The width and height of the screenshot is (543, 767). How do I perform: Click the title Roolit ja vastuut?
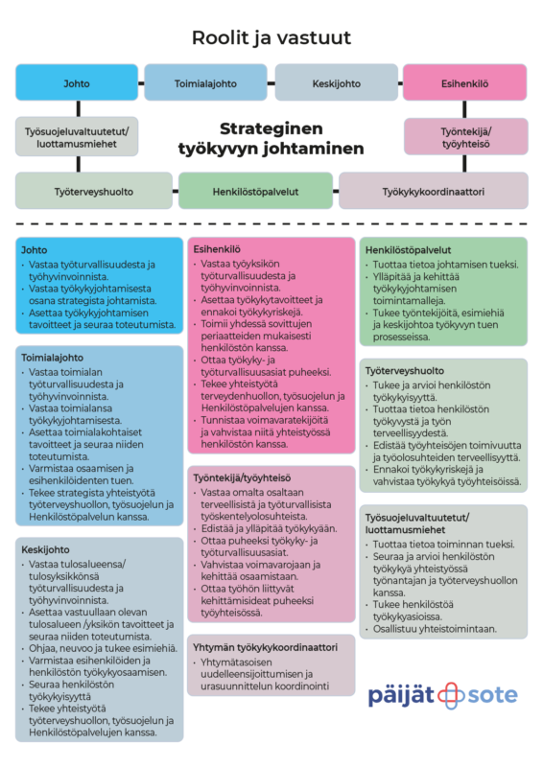271,37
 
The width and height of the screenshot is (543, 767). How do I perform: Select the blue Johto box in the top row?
77,82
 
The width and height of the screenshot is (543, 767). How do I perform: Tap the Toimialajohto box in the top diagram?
205,82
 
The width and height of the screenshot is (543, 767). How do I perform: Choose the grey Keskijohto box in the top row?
337,82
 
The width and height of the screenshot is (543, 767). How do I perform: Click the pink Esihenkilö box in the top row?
464,82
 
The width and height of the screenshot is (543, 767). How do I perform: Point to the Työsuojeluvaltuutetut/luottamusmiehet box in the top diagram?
77,137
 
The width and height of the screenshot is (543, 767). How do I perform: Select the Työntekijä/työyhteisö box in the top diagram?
466,137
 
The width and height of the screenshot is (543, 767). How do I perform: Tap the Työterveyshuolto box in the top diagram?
94,191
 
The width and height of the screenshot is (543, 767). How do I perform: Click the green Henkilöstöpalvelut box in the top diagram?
255,191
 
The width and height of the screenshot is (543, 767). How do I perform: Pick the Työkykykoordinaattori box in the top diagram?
434,191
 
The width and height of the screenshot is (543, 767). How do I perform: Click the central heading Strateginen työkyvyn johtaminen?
271,138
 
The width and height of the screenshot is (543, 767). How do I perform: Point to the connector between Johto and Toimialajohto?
141,83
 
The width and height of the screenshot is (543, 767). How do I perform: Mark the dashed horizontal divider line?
271,224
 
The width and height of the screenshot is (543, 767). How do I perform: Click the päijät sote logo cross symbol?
451,696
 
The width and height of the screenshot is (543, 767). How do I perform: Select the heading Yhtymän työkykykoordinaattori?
265,647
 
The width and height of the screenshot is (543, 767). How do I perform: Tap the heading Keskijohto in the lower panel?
45,549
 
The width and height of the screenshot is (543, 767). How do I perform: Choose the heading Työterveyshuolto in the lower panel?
405,371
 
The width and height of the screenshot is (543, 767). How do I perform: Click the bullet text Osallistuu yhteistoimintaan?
435,629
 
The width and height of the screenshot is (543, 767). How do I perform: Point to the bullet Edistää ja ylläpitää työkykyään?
269,529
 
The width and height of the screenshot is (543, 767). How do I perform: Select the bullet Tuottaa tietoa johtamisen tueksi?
445,265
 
